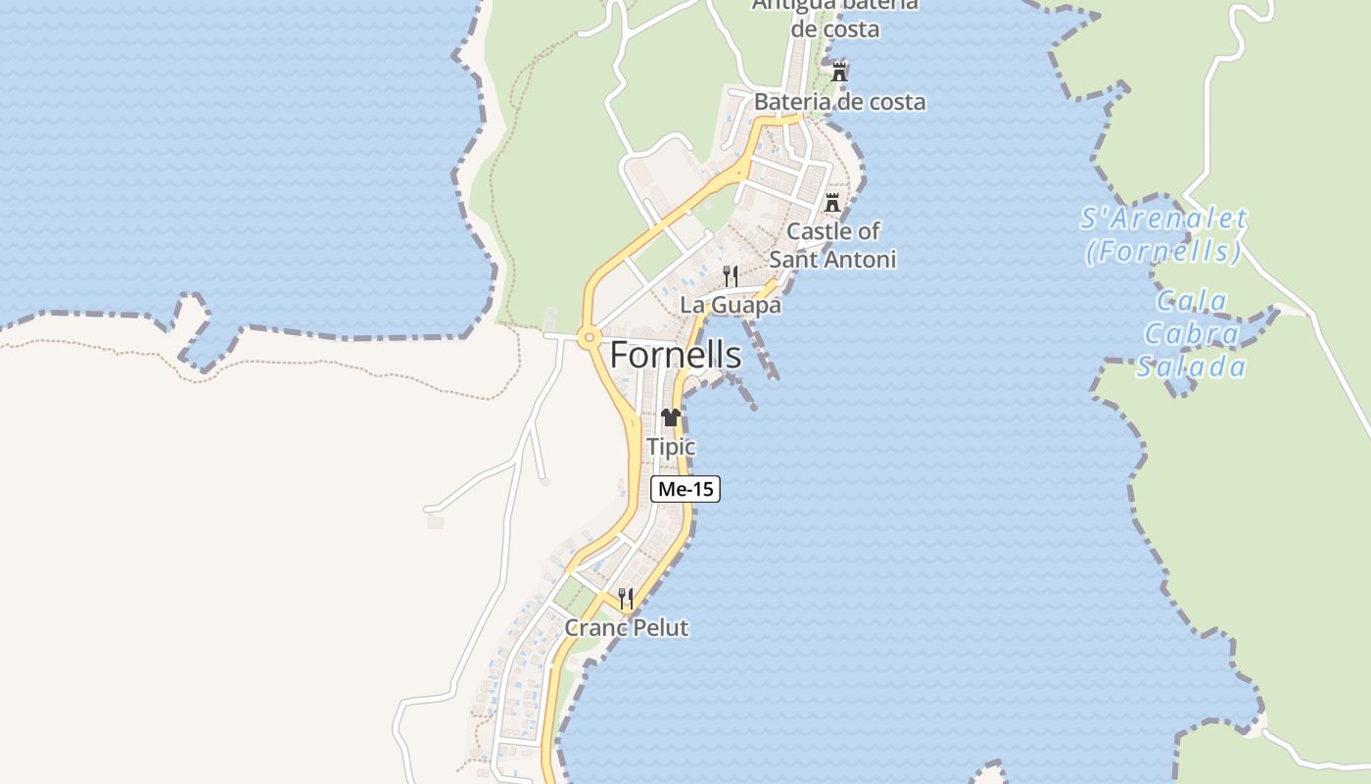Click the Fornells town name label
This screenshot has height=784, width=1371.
point(676,356)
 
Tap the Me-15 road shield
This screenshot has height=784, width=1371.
point(685,489)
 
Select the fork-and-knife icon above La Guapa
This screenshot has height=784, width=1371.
point(731,275)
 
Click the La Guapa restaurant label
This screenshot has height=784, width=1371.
point(731,305)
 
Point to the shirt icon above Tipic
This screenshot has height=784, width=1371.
point(670,417)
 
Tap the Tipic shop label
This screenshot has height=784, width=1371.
point(671,447)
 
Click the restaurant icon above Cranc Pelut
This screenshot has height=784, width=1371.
point(626,598)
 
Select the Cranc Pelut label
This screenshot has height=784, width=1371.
point(627,628)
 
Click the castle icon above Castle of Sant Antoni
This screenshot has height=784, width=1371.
point(832,203)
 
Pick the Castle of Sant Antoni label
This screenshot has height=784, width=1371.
point(832,245)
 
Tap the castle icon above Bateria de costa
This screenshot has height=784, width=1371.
point(839,73)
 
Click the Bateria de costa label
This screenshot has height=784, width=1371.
point(839,102)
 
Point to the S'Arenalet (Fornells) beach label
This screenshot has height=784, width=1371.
point(1163,235)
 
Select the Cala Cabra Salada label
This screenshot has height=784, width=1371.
point(1192,334)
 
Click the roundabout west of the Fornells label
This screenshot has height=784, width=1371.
point(588,338)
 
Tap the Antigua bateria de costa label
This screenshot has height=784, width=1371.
point(835,17)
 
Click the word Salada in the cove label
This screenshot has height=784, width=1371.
point(1192,367)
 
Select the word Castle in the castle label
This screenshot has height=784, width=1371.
point(819,232)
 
